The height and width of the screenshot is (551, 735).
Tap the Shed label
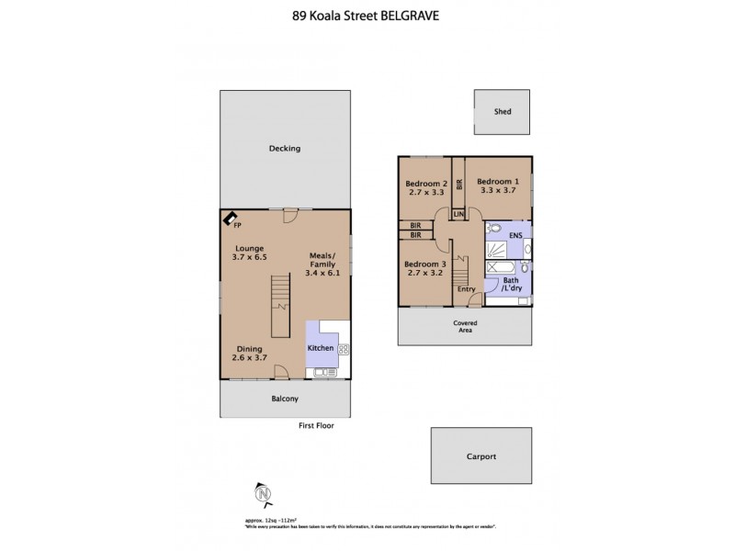pos(502,112)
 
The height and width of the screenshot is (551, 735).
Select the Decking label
pos(285,149)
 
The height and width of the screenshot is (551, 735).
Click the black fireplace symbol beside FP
pos(226,218)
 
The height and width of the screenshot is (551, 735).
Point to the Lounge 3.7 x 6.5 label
pos(249,253)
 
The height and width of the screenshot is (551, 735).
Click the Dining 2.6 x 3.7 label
pos(250,354)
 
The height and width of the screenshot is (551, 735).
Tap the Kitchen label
pos(320,349)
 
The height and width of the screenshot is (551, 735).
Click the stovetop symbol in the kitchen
pos(345,349)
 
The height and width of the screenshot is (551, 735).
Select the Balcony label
pos(285,399)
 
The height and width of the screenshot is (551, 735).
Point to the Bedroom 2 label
pos(426,182)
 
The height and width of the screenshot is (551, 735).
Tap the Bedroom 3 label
pos(426,264)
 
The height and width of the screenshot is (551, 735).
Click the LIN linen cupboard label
pos(458,214)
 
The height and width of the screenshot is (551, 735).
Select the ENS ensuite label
pos(514,236)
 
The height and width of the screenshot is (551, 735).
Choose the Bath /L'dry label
pos(511,284)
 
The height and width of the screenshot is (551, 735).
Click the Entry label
pos(467,289)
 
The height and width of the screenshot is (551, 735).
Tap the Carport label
pos(481,456)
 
